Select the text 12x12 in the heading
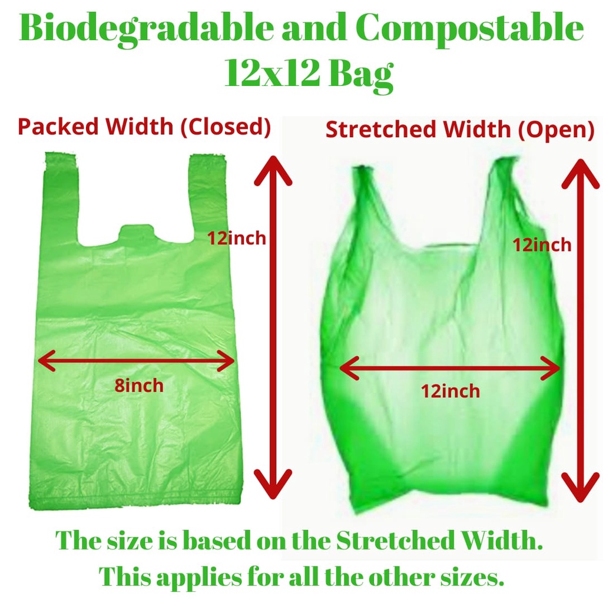point(271,72)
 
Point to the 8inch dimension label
point(139,385)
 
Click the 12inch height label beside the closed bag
point(237,238)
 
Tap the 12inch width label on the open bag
point(450,391)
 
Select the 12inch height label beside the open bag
point(542,245)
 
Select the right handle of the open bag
point(507,200)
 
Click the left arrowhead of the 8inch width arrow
point(47,360)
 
